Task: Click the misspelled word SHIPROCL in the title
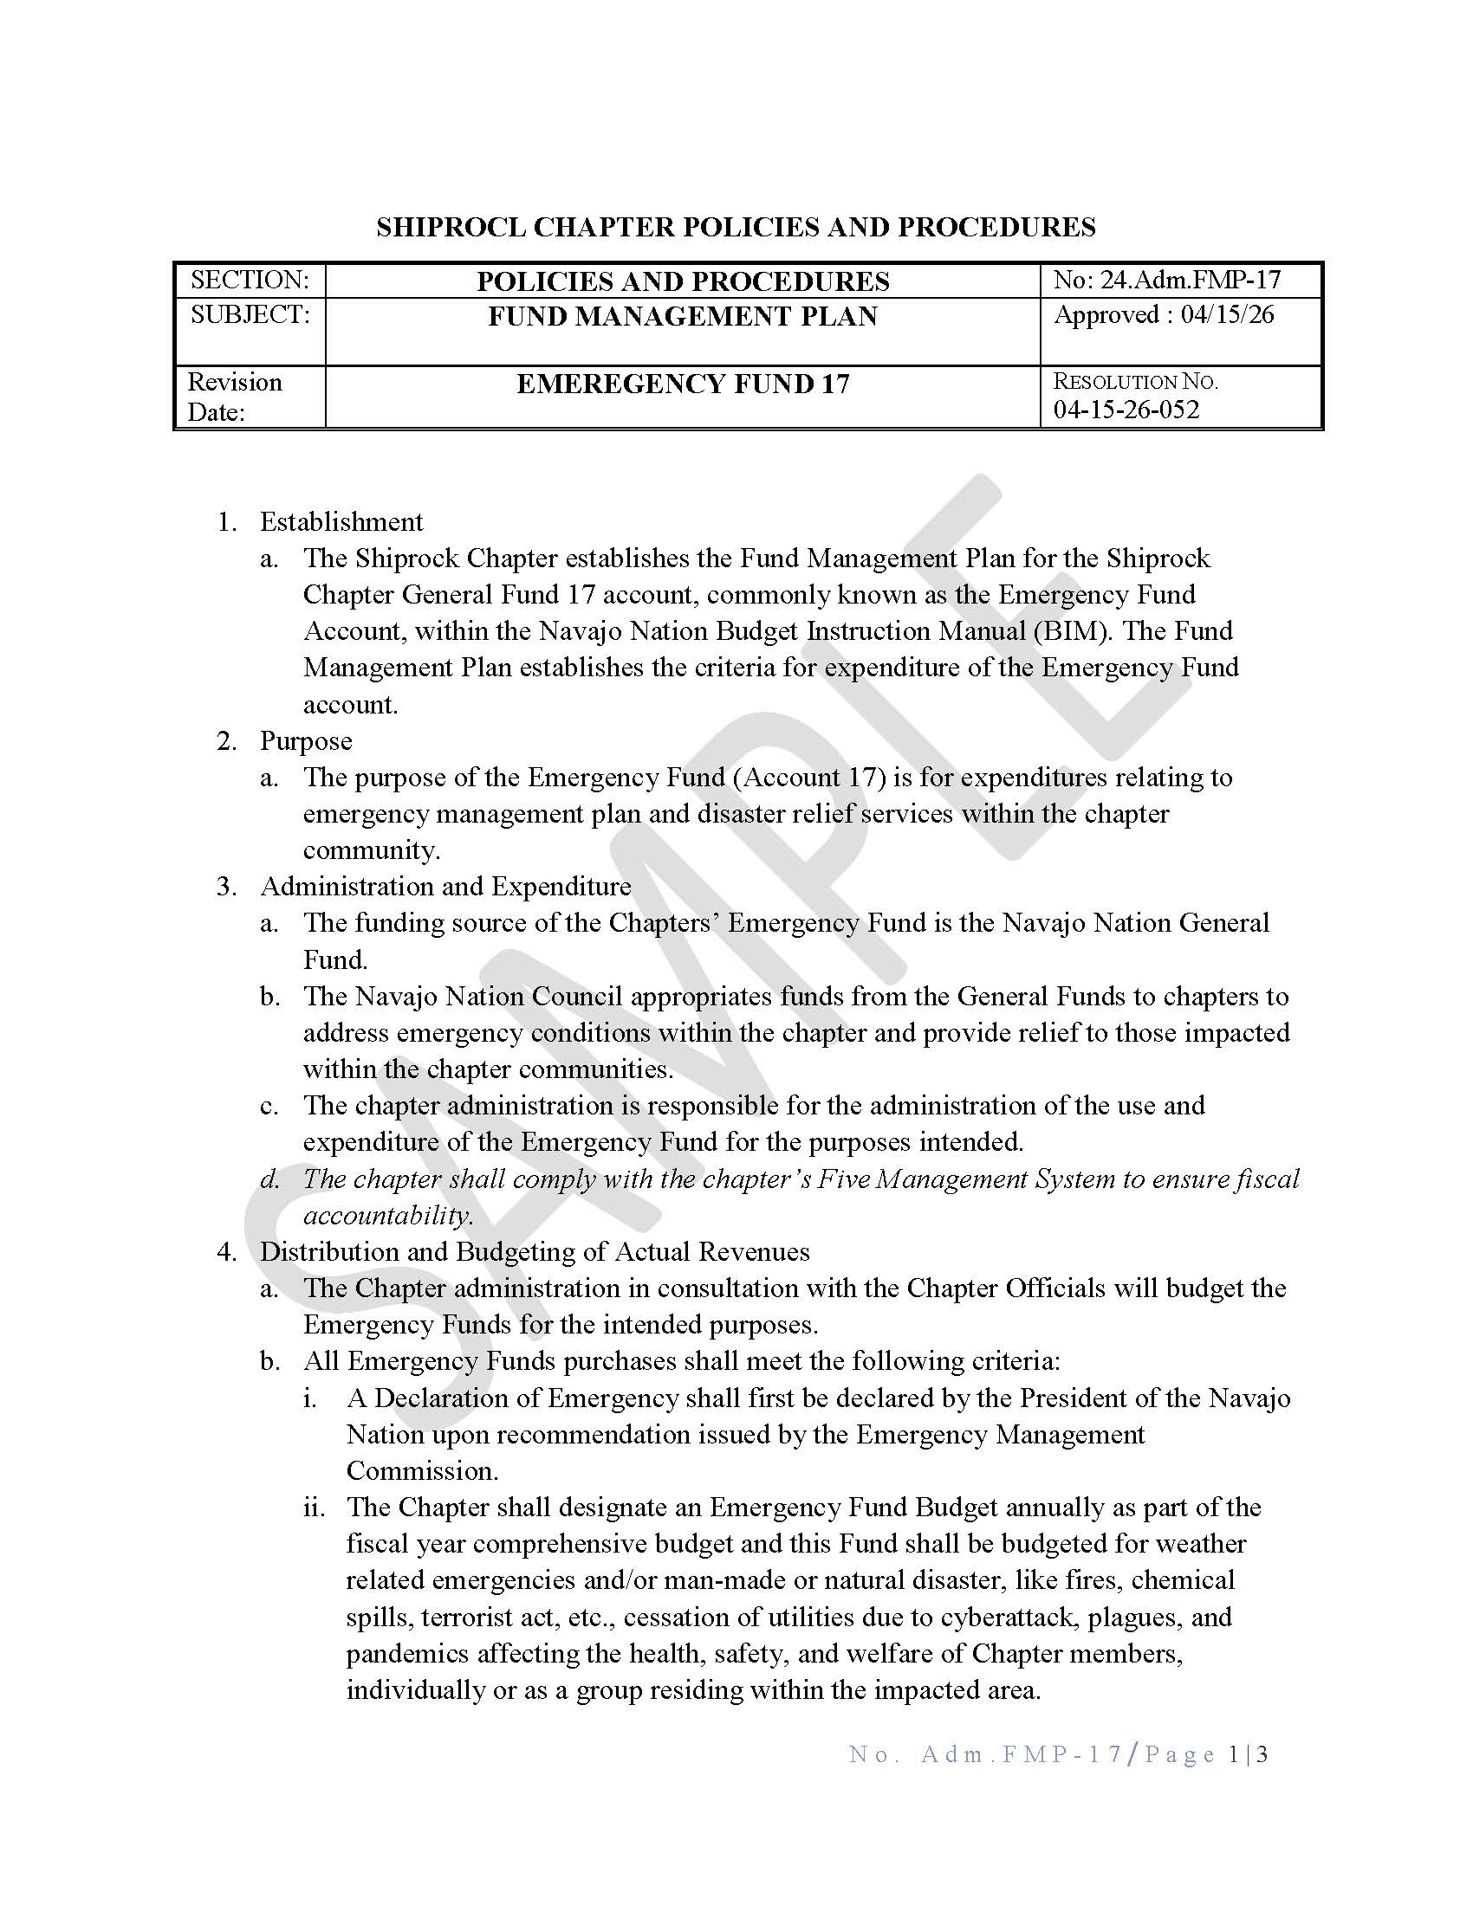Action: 451,227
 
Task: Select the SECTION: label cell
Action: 250,280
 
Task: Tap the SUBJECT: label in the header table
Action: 250,315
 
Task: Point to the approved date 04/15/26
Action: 1227,315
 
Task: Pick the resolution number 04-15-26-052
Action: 1126,410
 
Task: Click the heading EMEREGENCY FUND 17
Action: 683,384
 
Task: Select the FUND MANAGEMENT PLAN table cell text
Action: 683,316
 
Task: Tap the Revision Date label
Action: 235,397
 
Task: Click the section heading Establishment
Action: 341,521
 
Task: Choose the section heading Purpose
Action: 305,740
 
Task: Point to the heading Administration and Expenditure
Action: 445,886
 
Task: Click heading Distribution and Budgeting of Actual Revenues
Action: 534,1252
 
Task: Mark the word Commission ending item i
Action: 421,1470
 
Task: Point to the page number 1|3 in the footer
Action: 1247,1754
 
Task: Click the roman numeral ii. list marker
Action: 314,1508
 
